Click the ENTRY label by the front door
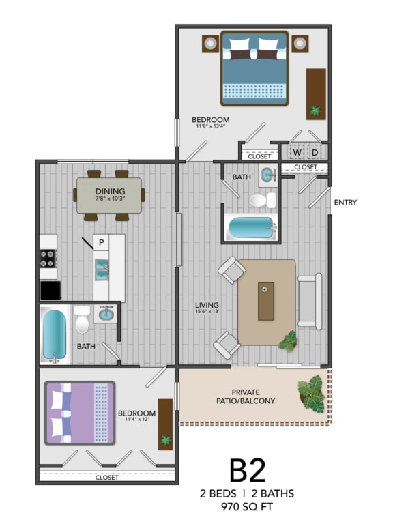click(x=345, y=203)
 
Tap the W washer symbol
click(x=297, y=152)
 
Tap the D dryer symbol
click(x=315, y=152)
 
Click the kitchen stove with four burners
click(x=48, y=258)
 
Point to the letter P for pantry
click(x=101, y=242)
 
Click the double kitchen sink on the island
click(x=102, y=270)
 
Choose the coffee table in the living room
click(x=266, y=301)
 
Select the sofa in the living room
click(x=309, y=301)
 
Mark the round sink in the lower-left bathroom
click(x=106, y=315)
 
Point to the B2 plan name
click(x=246, y=470)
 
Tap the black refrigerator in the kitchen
click(x=49, y=290)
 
